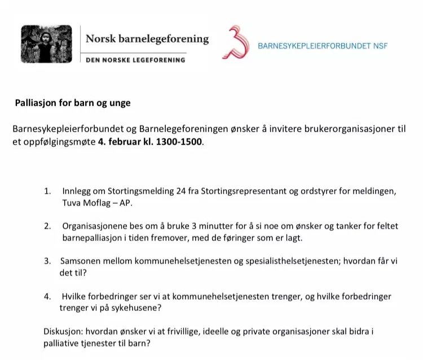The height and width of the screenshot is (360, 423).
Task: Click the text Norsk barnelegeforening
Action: [147, 39]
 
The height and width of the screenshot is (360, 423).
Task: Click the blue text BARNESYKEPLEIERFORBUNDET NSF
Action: [323, 46]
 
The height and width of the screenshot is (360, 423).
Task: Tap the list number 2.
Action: [47, 226]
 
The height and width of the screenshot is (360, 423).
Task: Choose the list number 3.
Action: [47, 261]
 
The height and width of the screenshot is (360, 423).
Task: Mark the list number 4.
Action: [47, 296]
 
